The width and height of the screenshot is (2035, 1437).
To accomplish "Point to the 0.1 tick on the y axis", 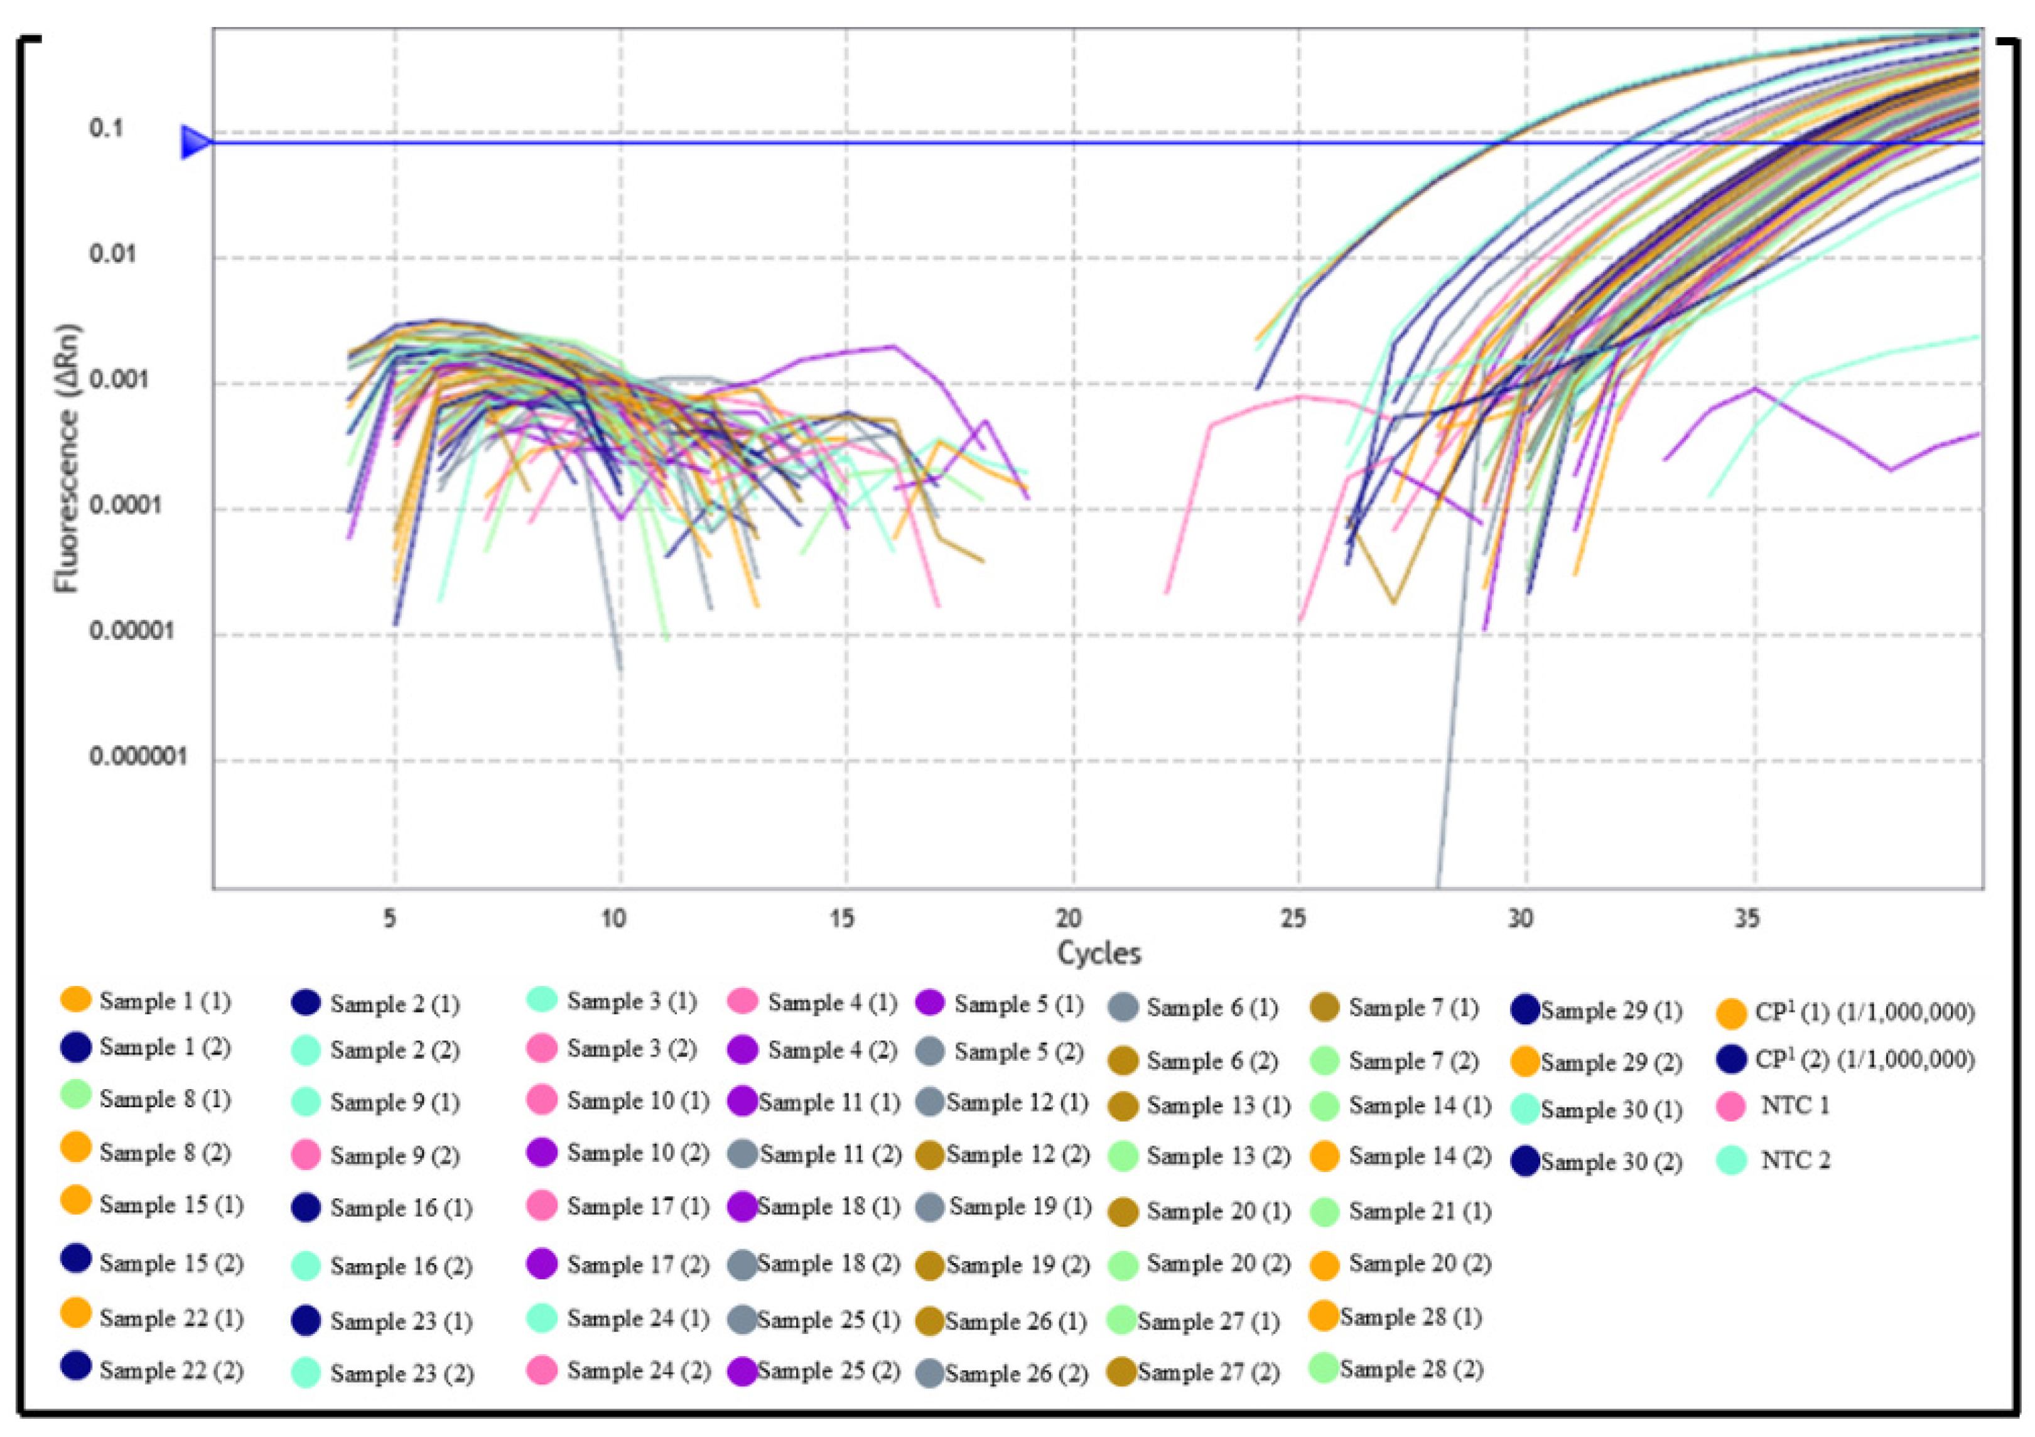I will tap(106, 129).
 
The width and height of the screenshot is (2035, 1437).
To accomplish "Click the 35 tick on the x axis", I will tap(1747, 918).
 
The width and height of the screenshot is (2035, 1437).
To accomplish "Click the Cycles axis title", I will tap(1099, 953).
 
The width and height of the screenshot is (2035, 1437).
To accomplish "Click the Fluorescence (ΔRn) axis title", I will tap(68, 458).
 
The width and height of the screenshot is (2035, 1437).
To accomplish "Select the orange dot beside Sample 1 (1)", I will tap(75, 999).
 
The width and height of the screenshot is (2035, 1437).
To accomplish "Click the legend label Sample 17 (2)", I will tap(638, 1264).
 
